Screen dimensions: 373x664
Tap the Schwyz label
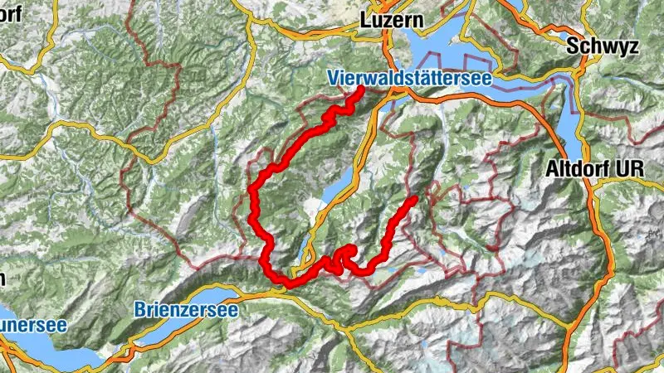(595, 47)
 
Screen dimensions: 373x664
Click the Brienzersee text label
(186, 310)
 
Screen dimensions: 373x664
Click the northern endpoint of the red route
(361, 89)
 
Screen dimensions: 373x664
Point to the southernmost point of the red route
(288, 284)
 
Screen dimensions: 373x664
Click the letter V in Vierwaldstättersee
(333, 79)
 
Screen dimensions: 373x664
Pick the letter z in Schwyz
(618, 47)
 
